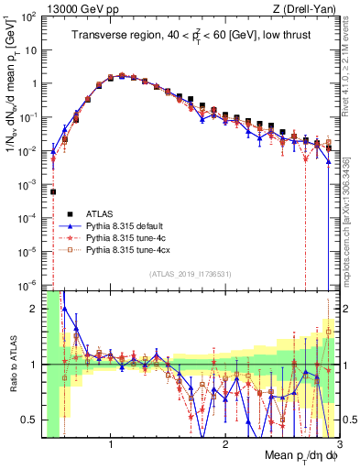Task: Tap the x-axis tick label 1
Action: (x=111, y=445)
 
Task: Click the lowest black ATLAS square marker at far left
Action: (x=53, y=191)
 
